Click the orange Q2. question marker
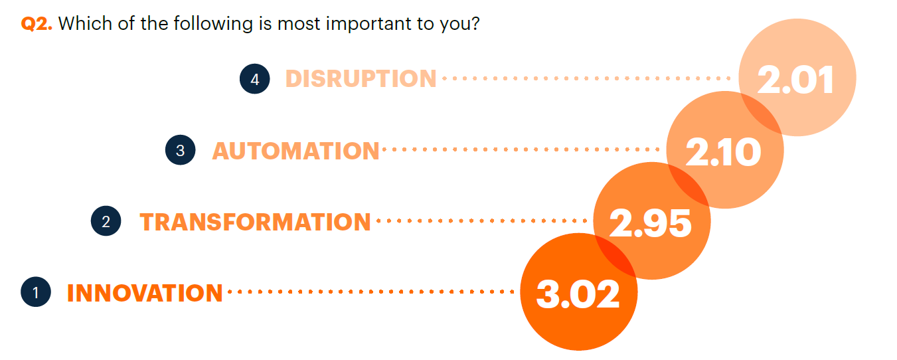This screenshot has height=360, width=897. (x=37, y=24)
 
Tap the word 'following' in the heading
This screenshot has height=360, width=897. (x=213, y=24)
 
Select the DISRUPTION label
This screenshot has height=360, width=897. (x=361, y=78)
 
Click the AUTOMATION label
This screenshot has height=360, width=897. (x=295, y=151)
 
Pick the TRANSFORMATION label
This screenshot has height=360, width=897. (x=255, y=222)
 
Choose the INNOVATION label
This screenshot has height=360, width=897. (x=145, y=293)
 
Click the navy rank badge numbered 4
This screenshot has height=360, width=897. (x=255, y=79)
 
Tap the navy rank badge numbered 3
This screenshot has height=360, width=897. (x=180, y=149)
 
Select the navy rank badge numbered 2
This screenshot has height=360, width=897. (x=106, y=221)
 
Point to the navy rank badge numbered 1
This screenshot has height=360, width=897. (x=36, y=292)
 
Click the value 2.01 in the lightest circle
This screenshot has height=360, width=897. (x=795, y=80)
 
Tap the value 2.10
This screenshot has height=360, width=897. (x=723, y=151)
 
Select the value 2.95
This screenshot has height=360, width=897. (x=650, y=223)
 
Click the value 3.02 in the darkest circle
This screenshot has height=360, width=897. (x=578, y=294)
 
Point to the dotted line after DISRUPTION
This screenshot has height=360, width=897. (x=586, y=78)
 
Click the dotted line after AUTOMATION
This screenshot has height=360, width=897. (x=521, y=149)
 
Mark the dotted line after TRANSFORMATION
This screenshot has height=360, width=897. (x=482, y=221)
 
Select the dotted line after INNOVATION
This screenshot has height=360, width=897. (x=370, y=292)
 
